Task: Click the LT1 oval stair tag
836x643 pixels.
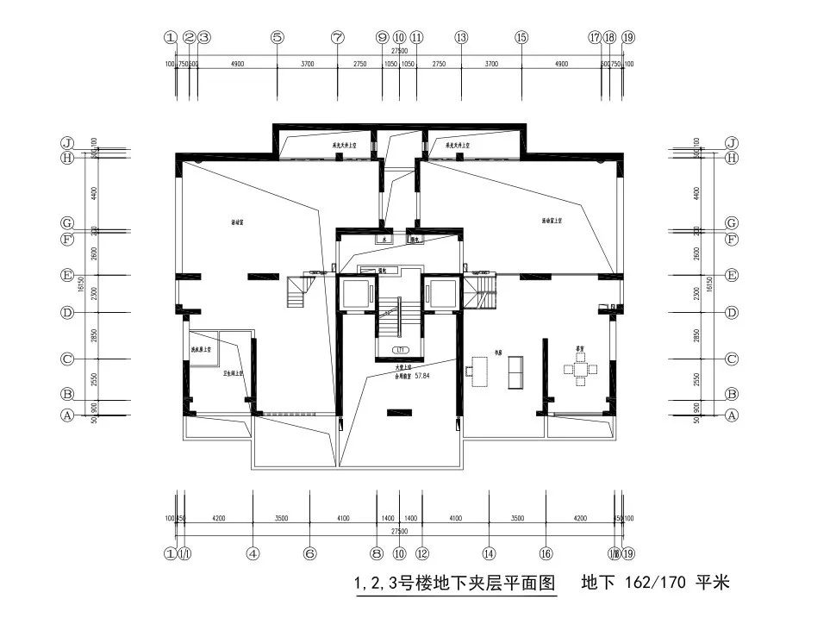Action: tap(400, 350)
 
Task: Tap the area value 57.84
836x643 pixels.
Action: tap(422, 377)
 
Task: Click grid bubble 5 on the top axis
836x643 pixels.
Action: tap(277, 38)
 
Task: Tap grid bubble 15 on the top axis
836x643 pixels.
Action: tap(521, 38)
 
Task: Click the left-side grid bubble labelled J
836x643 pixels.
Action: tap(66, 143)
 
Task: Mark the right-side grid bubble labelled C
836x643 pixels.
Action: tap(732, 359)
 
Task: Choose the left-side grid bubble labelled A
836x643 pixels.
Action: tap(66, 415)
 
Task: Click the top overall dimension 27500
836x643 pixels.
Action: tap(399, 52)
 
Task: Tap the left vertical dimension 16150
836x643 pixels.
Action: tap(79, 284)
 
